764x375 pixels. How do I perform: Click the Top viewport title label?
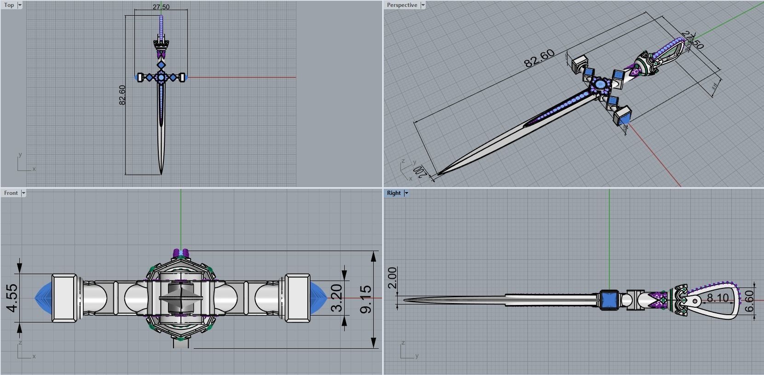9,5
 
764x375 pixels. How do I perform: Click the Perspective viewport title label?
402,5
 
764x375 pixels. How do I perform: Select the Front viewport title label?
11,193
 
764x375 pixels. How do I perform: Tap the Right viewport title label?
394,193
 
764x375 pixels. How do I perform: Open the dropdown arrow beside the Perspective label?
423,5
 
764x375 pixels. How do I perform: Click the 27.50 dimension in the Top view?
161,7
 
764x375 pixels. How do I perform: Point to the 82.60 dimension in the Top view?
122,95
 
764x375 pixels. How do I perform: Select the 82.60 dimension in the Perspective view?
539,59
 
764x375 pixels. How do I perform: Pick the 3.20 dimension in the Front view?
337,298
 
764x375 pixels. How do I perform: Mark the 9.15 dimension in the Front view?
366,299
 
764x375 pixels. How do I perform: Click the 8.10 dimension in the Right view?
718,298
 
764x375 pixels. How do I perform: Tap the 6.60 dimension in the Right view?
750,300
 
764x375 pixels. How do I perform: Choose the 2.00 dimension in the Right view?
392,278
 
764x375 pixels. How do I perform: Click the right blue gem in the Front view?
318,298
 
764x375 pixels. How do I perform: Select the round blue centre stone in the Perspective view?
600,85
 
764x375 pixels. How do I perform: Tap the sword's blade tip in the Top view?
161,173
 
